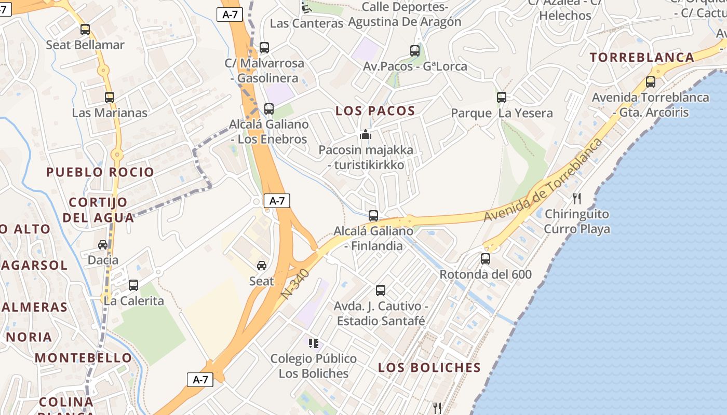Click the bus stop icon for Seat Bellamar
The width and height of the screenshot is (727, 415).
[85, 30]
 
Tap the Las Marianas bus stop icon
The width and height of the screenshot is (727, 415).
[109, 97]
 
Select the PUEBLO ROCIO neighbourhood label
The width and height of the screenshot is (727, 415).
[100, 172]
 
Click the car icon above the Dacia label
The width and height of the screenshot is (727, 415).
[103, 244]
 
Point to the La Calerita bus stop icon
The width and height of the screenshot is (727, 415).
[133, 285]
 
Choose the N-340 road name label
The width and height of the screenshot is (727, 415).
[295, 283]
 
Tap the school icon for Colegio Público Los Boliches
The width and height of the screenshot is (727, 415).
[313, 343]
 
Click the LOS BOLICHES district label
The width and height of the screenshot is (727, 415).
[429, 368]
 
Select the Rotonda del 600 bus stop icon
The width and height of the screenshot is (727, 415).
[486, 258]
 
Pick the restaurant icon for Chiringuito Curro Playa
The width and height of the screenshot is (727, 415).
[576, 198]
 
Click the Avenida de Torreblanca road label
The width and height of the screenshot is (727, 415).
[544, 180]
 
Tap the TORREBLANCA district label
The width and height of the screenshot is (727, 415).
[642, 58]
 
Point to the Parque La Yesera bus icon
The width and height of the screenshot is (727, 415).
[501, 97]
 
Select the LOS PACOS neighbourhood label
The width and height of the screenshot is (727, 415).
[375, 110]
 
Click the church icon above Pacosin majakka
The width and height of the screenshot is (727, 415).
[366, 135]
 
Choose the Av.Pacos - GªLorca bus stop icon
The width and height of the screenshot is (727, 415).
[414, 50]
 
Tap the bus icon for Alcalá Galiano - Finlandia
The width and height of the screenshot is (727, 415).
[373, 215]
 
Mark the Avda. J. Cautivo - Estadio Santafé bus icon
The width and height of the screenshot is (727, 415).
[381, 290]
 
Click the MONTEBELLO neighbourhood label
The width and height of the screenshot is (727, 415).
[84, 358]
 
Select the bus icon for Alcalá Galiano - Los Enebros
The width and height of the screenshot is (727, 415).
[268, 108]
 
